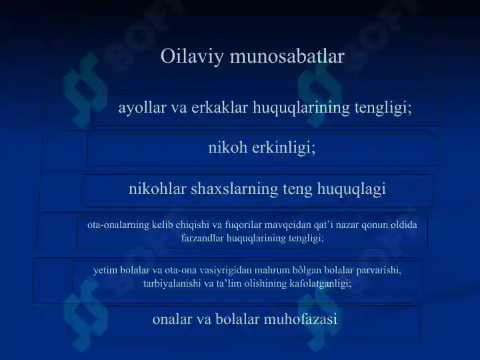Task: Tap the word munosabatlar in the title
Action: [287, 57]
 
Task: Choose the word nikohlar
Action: [157, 189]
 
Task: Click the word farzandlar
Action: [204, 237]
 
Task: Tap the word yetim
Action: [105, 270]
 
